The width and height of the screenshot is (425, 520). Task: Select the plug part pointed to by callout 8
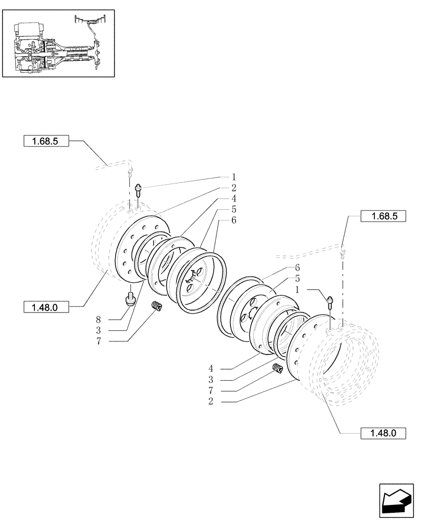click(130, 300)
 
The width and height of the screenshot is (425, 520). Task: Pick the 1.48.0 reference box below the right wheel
click(382, 433)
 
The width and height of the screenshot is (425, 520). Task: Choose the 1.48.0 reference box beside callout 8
click(47, 307)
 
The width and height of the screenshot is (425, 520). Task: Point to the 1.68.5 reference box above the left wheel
click(46, 140)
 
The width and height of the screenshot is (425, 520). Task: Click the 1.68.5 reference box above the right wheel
click(382, 217)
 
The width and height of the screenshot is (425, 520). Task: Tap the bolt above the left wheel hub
click(139, 189)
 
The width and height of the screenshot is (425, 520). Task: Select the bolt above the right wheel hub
click(330, 302)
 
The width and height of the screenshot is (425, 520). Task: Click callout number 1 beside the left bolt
click(234, 176)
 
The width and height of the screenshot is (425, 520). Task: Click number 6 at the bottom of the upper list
click(234, 220)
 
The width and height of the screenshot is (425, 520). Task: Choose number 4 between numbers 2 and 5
click(234, 199)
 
